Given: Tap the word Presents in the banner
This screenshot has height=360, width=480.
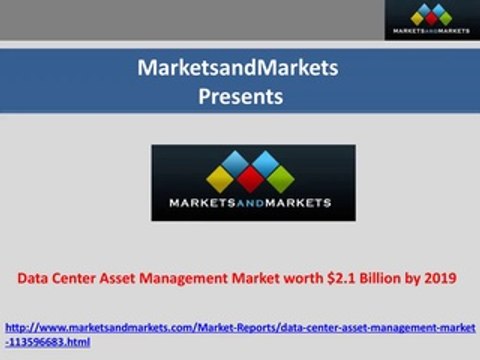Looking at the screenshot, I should click(239, 96).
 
